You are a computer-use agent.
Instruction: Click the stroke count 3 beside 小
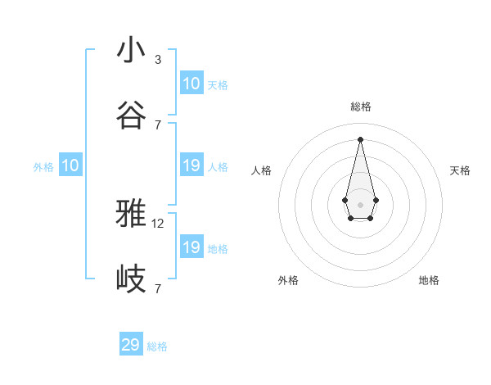pyautogui.click(x=158, y=59)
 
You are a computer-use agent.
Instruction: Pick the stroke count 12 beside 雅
pyautogui.click(x=159, y=223)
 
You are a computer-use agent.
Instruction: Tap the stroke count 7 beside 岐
pyautogui.click(x=158, y=288)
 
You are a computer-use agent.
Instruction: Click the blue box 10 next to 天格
pyautogui.click(x=191, y=84)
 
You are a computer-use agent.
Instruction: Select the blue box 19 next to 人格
pyautogui.click(x=191, y=166)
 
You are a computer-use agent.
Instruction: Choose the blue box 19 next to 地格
pyautogui.click(x=191, y=247)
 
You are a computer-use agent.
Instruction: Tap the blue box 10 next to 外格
pyautogui.click(x=70, y=166)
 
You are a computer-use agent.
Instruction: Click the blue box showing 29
pyautogui.click(x=131, y=345)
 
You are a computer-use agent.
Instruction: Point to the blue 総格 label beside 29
pyautogui.click(x=157, y=346)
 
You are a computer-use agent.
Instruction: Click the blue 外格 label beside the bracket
pyautogui.click(x=43, y=167)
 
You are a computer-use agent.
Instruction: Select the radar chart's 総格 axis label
pyautogui.click(x=361, y=106)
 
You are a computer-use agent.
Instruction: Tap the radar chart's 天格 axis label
pyautogui.click(x=460, y=170)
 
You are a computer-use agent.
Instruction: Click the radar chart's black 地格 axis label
pyautogui.click(x=429, y=280)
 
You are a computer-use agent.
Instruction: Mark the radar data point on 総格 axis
pyautogui.click(x=361, y=139)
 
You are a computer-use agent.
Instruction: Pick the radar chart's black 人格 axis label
pyautogui.click(x=262, y=170)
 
